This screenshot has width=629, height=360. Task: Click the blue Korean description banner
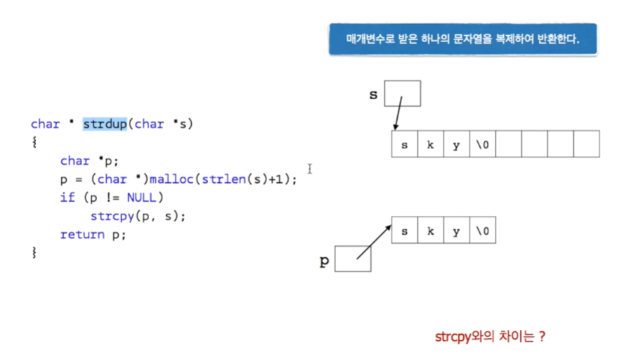point(462,39)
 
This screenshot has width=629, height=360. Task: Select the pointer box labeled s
point(403,93)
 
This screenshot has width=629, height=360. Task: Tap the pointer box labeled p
point(353,259)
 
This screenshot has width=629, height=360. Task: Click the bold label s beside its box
point(373,94)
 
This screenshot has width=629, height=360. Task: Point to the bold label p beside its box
point(324,261)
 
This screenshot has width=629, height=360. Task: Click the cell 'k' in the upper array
point(430,144)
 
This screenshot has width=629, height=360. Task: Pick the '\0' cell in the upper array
point(482,144)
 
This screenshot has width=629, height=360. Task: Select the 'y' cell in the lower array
point(456,231)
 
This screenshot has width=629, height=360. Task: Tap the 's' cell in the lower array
point(404,231)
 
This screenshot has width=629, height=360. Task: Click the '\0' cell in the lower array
point(482,231)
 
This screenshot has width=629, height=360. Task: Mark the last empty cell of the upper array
point(586,144)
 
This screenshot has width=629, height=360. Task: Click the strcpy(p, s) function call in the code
point(137,217)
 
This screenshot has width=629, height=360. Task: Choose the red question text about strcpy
point(491,336)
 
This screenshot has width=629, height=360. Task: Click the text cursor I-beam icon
point(309,169)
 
